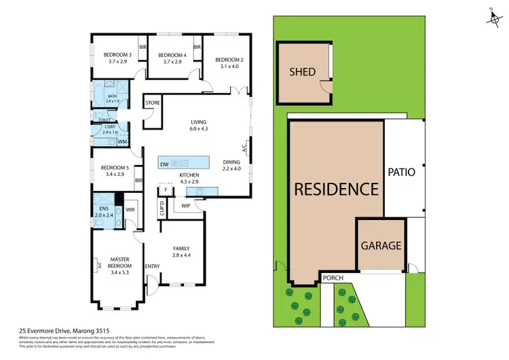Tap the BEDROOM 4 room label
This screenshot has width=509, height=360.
click(x=172, y=55)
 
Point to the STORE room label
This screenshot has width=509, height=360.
click(x=153, y=103)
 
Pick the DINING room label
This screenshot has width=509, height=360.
click(x=231, y=161)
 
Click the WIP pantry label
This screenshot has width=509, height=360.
click(x=186, y=206)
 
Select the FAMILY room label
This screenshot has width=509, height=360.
click(x=181, y=248)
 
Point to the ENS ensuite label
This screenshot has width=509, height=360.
click(x=104, y=208)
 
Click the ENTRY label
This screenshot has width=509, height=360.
click(x=152, y=266)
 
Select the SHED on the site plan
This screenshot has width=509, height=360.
click(x=303, y=71)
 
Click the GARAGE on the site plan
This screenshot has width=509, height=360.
click(x=381, y=246)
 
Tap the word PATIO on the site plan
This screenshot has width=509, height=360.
click(x=401, y=173)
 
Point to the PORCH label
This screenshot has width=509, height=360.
click(x=333, y=277)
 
